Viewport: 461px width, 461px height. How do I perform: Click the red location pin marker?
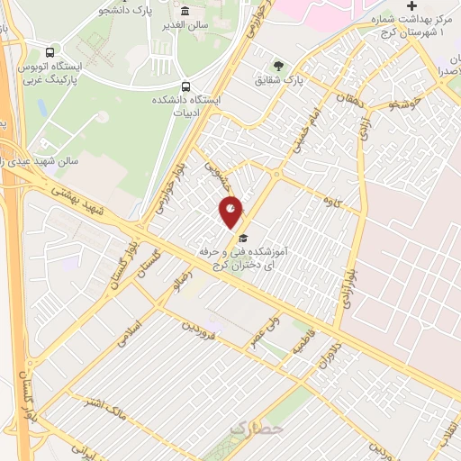(231, 212)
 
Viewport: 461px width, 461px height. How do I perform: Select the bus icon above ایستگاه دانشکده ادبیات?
(185, 86)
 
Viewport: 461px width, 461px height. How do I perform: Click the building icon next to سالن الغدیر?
(185, 11)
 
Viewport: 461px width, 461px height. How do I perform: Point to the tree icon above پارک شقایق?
(277, 65)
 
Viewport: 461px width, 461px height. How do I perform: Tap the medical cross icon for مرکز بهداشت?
(411, 5)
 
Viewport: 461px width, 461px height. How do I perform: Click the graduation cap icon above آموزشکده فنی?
(242, 237)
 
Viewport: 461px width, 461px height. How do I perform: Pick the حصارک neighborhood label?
(256, 429)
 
